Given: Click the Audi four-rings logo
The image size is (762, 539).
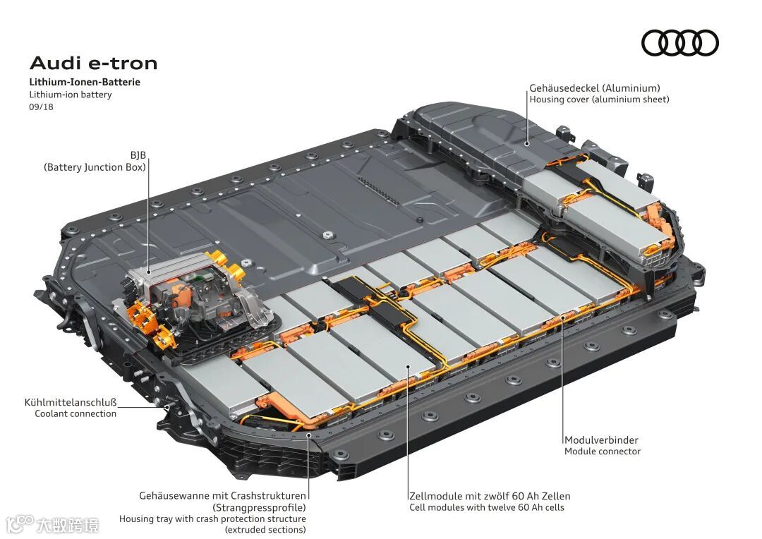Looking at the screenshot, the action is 680,43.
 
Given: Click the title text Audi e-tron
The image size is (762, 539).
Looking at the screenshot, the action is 93,63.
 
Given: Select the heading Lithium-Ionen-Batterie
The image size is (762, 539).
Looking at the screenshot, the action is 85,82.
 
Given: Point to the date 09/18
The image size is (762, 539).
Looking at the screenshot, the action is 42,107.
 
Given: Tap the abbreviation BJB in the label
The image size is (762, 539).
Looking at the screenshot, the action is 138,155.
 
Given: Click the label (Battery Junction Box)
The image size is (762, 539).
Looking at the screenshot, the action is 95,167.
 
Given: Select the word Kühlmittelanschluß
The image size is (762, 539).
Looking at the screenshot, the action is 71,402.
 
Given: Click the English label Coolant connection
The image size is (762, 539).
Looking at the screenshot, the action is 75,413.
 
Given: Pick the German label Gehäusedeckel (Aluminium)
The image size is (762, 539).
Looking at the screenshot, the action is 595,88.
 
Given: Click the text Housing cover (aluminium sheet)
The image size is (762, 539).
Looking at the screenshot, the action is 599,99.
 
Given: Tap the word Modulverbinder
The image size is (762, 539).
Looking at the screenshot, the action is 601,440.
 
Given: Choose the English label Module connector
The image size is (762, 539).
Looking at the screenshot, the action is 602,451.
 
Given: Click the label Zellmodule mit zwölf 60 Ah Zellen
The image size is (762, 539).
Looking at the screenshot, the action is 490,496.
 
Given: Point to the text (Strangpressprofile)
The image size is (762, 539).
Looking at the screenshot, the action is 259,508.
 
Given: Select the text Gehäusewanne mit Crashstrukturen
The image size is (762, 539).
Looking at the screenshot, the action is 222,496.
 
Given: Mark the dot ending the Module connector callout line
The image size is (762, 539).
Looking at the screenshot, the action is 563,317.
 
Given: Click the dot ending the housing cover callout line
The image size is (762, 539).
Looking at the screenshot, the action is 527,144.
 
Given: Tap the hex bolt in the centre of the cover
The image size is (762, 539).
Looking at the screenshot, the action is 327,235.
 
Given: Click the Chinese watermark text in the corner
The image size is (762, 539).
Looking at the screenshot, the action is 67,525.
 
